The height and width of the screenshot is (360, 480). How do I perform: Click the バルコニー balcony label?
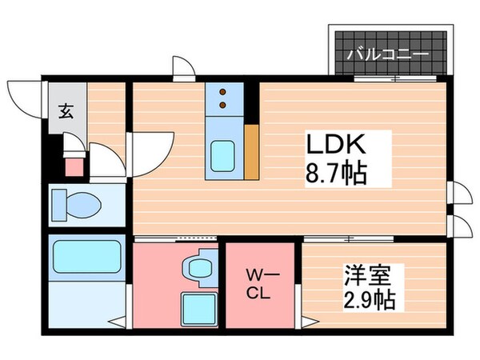[388, 55]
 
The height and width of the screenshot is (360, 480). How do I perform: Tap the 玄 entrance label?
[62, 110]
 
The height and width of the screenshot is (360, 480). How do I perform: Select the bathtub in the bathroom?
[84, 258]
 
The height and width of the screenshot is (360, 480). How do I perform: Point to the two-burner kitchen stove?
[223, 98]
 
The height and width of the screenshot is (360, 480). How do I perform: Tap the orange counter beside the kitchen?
[252, 152]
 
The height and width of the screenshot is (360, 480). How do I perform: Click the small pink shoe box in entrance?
[74, 166]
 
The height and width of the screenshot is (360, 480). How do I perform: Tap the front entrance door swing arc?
[24, 100]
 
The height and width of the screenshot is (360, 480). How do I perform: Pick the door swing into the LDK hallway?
[148, 152]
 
